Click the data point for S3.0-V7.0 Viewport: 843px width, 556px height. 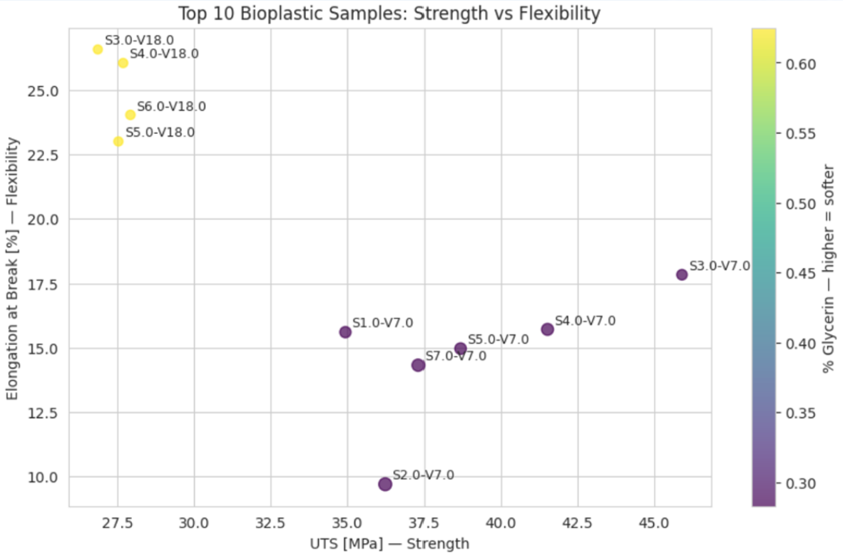tap(682, 275)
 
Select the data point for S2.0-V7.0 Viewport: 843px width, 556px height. tap(385, 484)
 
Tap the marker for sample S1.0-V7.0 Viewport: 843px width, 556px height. tap(345, 332)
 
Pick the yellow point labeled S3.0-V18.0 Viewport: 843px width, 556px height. tap(98, 49)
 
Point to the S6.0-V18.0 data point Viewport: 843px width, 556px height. tap(131, 115)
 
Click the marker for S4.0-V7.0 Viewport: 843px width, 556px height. tap(547, 329)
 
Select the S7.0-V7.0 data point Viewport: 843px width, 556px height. tap(419, 365)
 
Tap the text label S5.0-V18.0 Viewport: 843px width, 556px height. tap(160, 133)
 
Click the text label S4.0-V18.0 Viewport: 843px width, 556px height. tap(164, 54)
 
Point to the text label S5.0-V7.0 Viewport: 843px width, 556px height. tap(498, 339)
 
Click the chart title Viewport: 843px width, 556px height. tap(389, 13)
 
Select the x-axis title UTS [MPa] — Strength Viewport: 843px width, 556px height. tap(389, 544)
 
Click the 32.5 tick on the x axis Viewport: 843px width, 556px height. tap(270, 522)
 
